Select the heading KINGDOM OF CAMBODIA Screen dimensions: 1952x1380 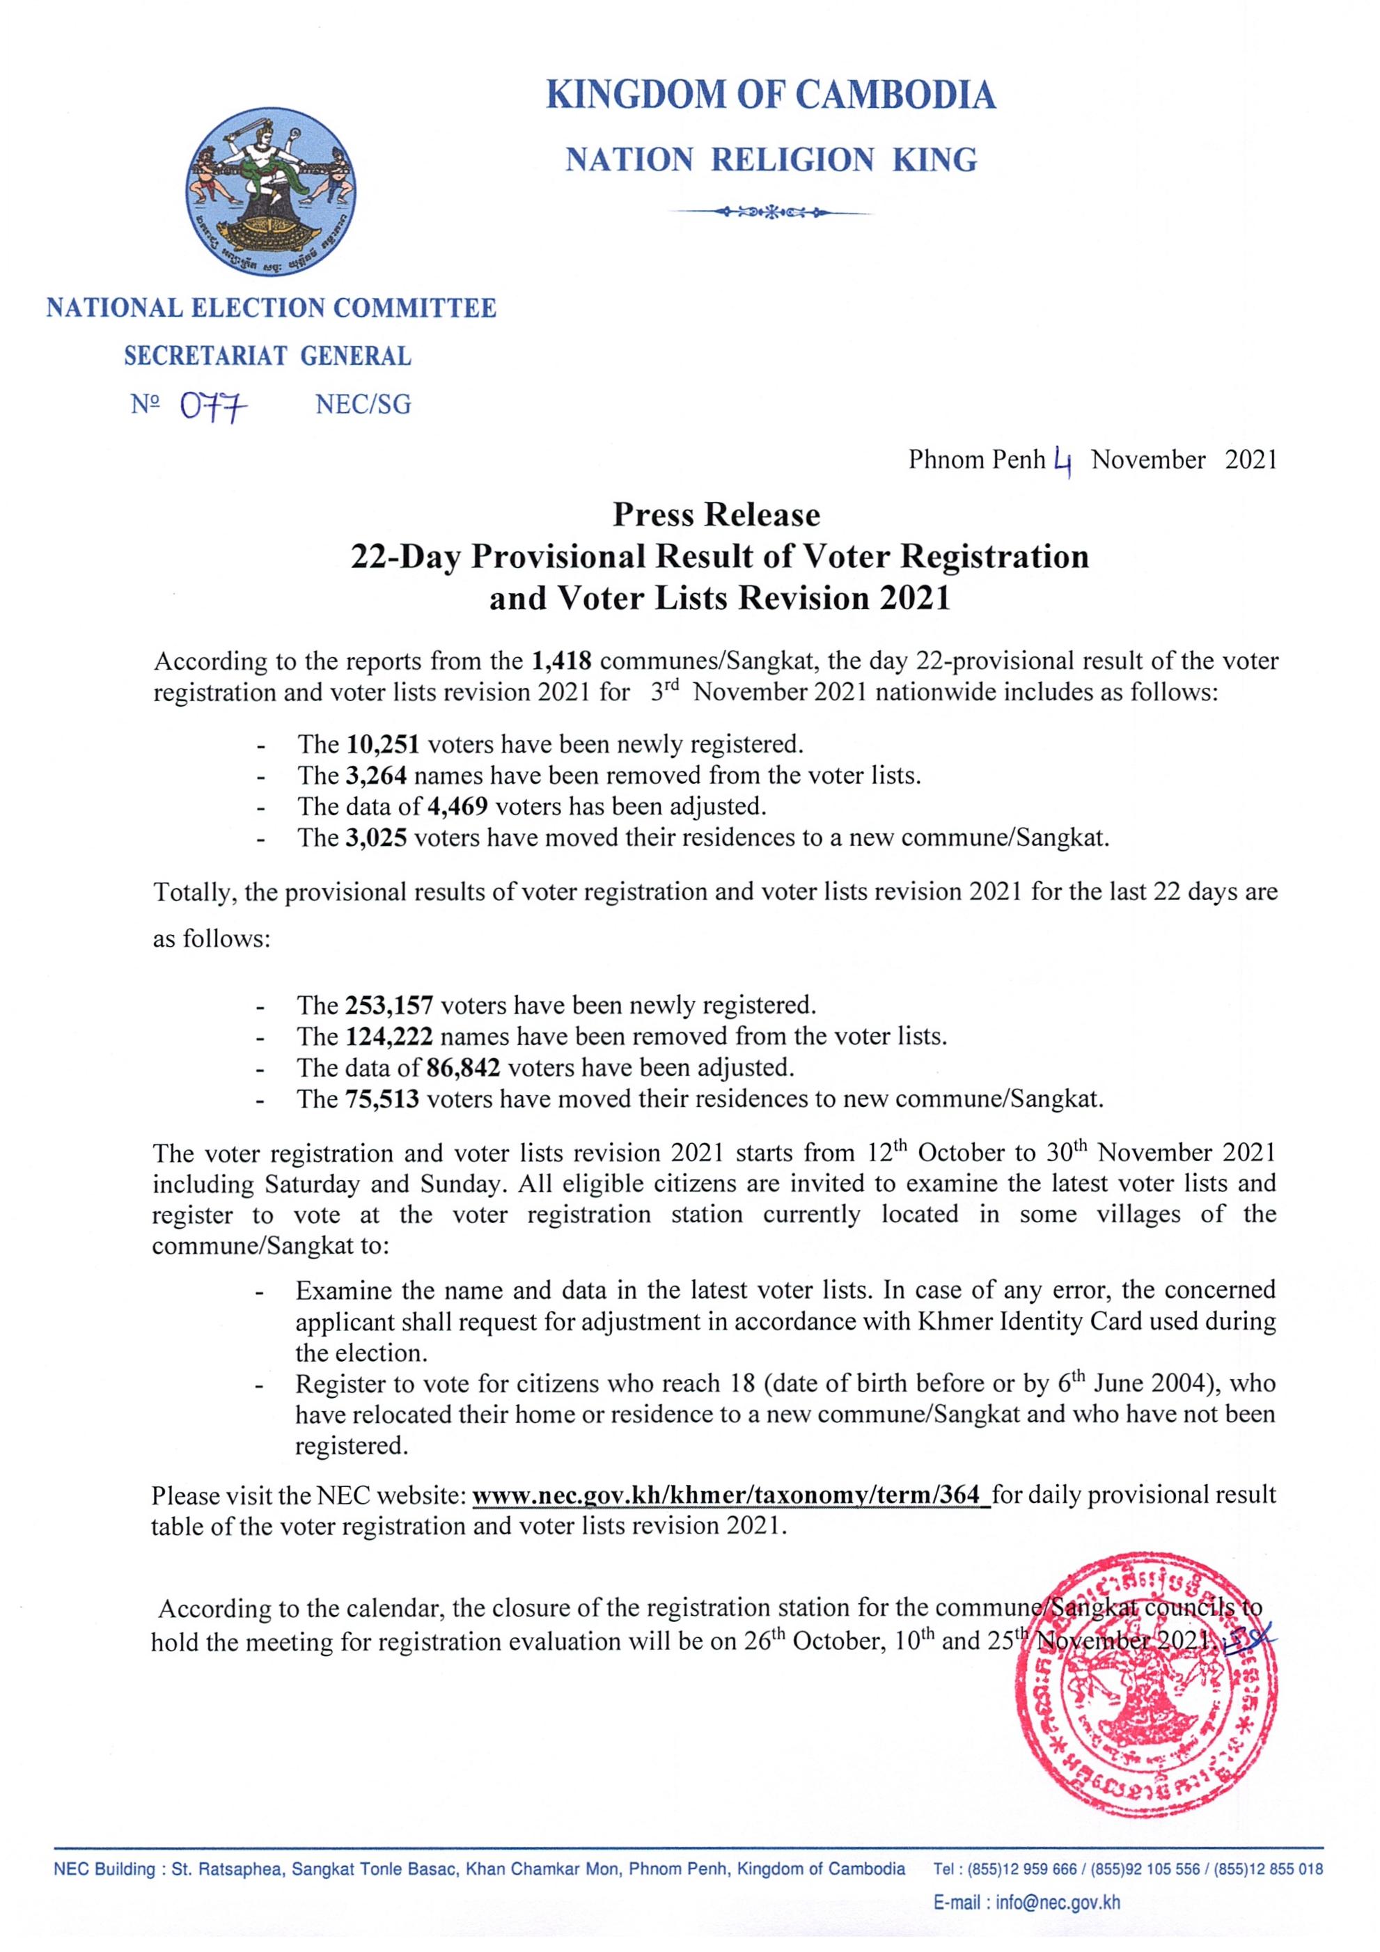(770, 95)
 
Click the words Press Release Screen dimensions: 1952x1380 (716, 515)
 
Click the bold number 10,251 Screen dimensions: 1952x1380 (383, 744)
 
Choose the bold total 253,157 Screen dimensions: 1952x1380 (389, 1006)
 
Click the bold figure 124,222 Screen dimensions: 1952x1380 (389, 1037)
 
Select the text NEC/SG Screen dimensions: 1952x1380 (363, 404)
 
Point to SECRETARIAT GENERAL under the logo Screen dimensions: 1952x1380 (268, 356)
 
